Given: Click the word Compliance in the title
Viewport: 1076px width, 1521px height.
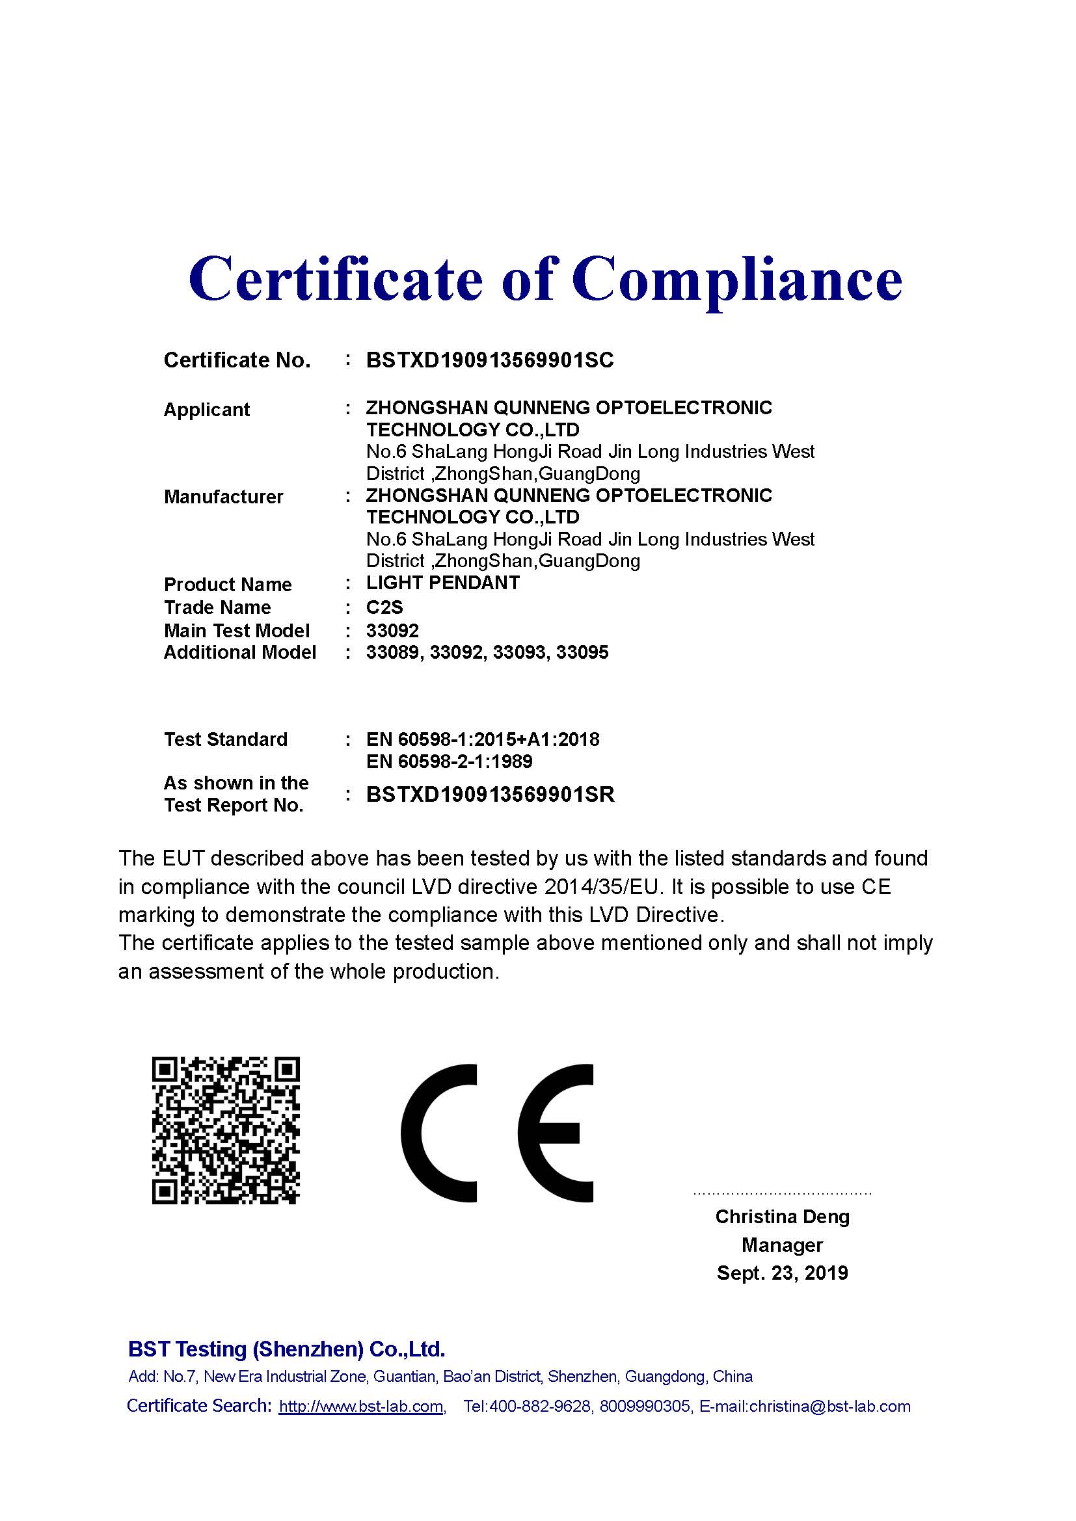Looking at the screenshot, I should tap(737, 279).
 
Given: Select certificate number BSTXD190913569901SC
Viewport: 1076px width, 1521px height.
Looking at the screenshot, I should tap(490, 360).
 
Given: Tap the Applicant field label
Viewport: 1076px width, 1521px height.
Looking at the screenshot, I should tap(207, 410).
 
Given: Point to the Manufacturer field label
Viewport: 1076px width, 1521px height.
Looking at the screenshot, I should tap(223, 497).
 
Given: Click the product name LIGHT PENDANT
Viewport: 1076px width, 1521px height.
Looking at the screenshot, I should tap(442, 583).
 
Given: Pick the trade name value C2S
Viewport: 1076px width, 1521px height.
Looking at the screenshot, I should tap(384, 607).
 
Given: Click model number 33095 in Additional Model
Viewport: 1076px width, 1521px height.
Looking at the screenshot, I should tap(582, 652).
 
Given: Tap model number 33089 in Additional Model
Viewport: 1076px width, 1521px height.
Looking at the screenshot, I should tap(392, 652).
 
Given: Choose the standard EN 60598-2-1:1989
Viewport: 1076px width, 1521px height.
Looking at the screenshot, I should tap(450, 761).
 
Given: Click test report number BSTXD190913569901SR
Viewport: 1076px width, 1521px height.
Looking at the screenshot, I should tap(491, 794).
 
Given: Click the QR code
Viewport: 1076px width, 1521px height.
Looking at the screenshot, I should tap(225, 1130).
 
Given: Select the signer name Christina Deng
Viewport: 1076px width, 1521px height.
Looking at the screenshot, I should tap(782, 1217).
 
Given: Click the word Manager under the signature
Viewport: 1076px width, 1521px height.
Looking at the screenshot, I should tap(782, 1245).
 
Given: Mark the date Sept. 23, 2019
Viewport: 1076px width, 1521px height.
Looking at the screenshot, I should tap(782, 1273).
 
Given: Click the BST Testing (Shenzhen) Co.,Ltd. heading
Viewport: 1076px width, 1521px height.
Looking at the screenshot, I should tap(286, 1349).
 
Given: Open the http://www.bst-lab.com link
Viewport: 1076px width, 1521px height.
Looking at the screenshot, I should tap(361, 1407).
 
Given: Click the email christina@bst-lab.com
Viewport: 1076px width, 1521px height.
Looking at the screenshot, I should tap(830, 1407).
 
